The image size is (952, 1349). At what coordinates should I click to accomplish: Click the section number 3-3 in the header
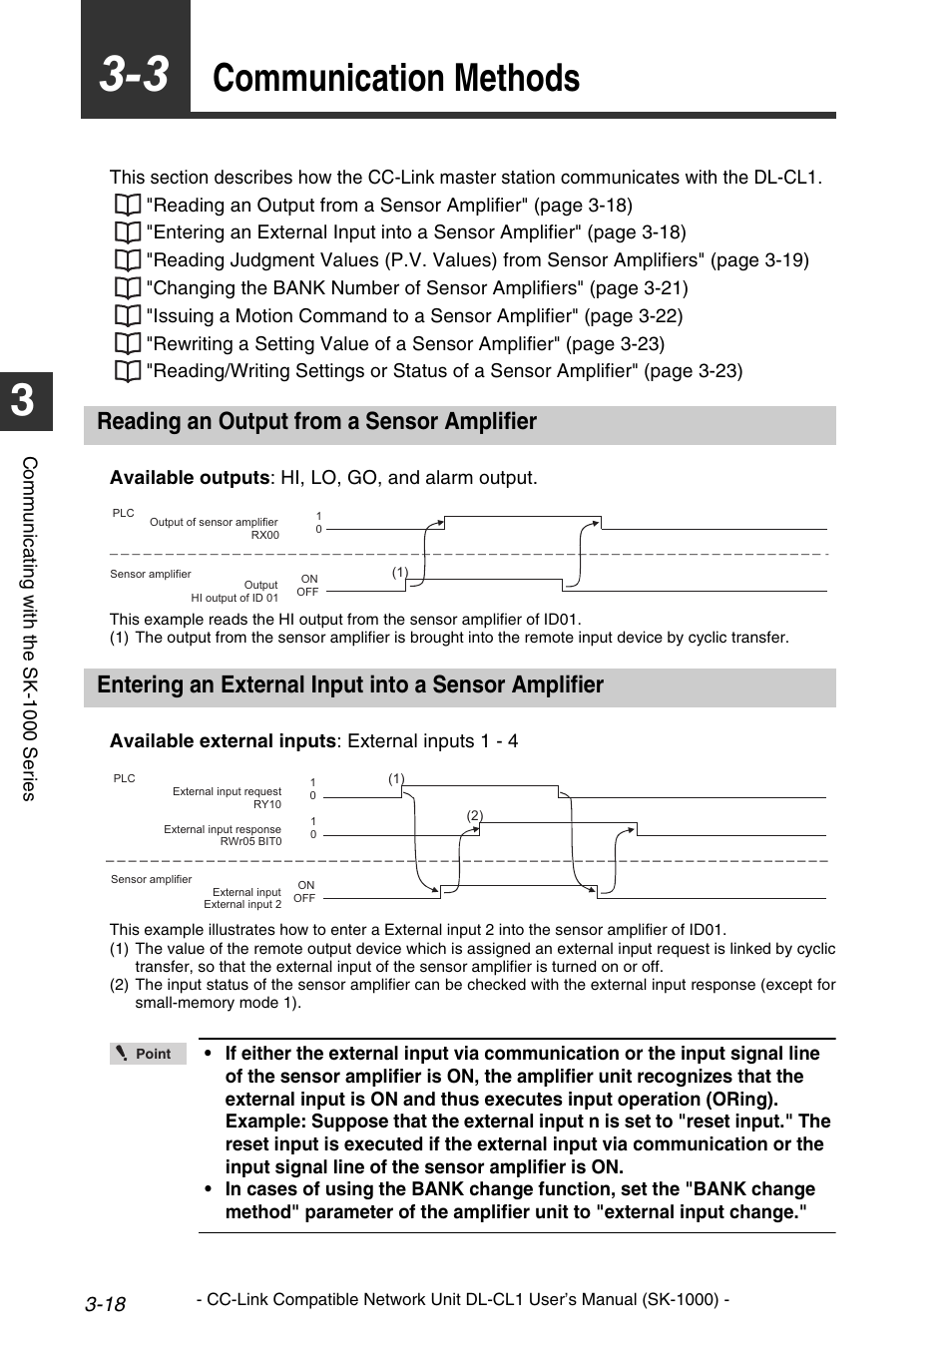click(x=135, y=76)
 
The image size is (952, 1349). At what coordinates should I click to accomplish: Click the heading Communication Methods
click(x=396, y=79)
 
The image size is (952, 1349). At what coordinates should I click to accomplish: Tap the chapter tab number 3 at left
click(x=23, y=401)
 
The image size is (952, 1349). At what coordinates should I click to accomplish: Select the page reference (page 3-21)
click(x=639, y=288)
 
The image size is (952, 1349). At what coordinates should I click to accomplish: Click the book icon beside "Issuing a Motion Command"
click(x=127, y=316)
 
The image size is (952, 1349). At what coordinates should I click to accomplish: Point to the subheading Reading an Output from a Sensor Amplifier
click(x=316, y=422)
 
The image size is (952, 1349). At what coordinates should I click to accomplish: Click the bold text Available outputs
click(x=190, y=478)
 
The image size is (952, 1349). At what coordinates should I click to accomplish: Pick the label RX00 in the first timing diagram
click(x=264, y=536)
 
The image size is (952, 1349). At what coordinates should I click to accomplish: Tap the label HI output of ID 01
click(x=235, y=599)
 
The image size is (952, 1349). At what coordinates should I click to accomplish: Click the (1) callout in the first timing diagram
click(x=400, y=573)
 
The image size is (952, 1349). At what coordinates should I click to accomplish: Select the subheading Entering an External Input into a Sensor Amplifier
click(x=350, y=685)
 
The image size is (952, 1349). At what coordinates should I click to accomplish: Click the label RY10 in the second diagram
click(x=266, y=804)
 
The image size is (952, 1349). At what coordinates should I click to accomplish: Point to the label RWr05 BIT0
click(x=250, y=842)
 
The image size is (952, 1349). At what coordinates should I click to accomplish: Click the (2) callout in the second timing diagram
click(x=475, y=816)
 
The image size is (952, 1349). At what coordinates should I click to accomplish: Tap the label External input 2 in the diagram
click(x=242, y=905)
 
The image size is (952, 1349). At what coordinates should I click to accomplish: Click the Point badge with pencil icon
click(x=148, y=1054)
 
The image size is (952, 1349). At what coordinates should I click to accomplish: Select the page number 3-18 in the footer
click(x=105, y=1304)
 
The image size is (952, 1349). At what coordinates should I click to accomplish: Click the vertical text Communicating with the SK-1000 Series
click(x=30, y=629)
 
